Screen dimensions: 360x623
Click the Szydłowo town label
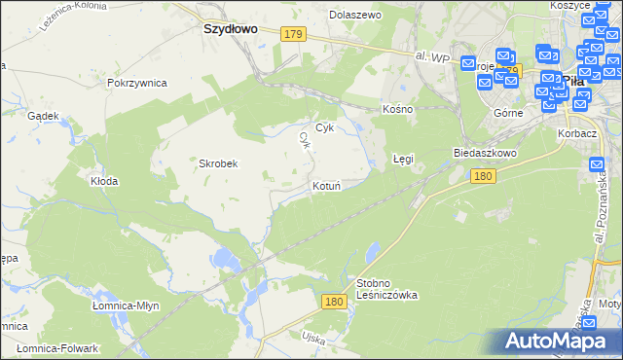tap(230, 29)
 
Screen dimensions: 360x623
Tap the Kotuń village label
tap(325, 186)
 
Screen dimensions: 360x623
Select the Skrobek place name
tap(219, 163)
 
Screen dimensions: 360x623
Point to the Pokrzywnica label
tap(137, 83)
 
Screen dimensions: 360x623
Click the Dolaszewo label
tap(355, 16)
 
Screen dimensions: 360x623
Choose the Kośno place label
tap(398, 109)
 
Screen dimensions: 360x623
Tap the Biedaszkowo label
tap(484, 154)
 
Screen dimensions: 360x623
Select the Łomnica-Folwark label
tap(58, 347)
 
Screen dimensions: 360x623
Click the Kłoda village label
tap(104, 181)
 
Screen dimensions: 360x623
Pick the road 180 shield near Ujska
tap(335, 303)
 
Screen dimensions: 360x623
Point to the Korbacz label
tap(576, 132)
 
